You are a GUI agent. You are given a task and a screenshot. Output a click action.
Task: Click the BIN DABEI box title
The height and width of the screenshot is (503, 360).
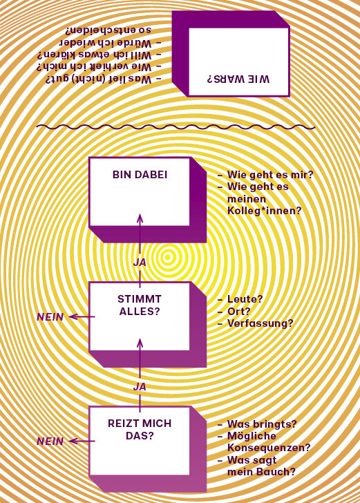140,175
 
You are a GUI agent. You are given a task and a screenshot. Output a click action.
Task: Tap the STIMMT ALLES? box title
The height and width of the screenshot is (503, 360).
140,305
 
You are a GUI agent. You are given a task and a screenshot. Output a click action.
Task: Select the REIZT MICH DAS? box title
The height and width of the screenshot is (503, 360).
140,430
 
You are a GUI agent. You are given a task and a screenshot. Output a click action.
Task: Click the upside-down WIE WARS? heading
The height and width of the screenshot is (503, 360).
238,79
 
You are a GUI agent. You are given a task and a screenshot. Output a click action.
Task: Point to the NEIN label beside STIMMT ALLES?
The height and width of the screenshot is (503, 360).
50,317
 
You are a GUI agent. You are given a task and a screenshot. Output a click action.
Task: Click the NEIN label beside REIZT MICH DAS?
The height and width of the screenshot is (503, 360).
50,442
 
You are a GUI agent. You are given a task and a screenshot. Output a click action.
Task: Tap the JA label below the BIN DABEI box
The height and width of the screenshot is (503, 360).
140,263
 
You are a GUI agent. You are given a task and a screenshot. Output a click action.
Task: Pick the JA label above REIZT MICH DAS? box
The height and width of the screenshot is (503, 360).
140,387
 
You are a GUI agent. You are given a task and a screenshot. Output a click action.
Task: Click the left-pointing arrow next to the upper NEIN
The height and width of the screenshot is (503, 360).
82,317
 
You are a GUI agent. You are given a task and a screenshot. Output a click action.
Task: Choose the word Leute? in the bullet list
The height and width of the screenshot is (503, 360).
245,299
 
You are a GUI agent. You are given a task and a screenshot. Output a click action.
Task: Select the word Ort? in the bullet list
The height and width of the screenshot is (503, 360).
238,311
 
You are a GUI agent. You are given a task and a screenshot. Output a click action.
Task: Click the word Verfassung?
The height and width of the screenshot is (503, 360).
260,323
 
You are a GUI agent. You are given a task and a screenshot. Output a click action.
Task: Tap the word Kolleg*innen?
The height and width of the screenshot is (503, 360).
265,211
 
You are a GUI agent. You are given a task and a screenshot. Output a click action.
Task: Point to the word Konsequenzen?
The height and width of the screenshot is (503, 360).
269,448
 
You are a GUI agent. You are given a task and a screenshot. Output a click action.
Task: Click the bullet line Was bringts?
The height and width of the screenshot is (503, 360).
257,424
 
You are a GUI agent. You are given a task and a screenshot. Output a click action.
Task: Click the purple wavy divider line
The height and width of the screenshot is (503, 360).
176,127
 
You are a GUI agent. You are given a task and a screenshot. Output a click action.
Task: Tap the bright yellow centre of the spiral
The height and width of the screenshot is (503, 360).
167,256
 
